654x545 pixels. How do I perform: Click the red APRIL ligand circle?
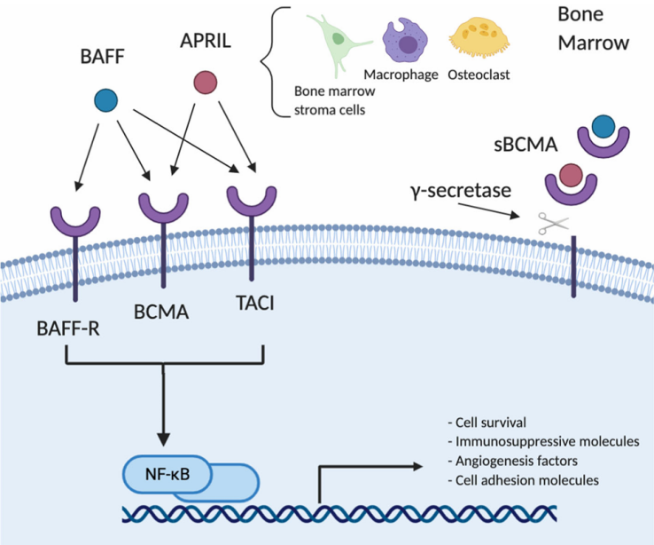[x=206, y=83]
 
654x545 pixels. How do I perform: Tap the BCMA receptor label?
[x=164, y=314]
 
